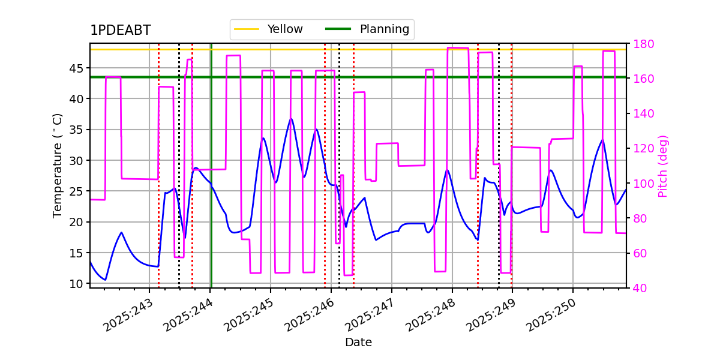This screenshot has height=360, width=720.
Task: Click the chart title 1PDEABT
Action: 121,30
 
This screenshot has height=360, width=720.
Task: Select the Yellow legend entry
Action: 269,29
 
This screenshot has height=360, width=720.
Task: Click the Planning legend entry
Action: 367,29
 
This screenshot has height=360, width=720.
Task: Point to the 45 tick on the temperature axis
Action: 76,68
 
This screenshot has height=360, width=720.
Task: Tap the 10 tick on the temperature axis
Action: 76,284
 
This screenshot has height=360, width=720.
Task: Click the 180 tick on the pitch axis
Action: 643,44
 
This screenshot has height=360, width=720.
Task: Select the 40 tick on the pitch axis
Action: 640,288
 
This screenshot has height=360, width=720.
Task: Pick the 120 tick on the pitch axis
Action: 643,149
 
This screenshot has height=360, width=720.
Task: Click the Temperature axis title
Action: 57,166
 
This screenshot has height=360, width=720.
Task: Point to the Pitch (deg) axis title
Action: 663,166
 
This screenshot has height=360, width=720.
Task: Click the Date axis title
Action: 358,343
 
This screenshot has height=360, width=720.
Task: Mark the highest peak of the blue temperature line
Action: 291,119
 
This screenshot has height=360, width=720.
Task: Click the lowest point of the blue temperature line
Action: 106,280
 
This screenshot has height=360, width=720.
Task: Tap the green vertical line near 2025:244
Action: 211,166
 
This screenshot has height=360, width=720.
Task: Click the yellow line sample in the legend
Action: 247,29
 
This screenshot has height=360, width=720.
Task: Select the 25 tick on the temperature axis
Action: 76,191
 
